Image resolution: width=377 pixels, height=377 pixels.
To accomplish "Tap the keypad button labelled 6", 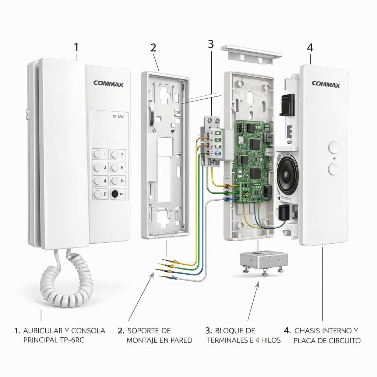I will [x=118, y=168].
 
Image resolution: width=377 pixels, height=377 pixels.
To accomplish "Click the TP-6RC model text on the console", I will [x=118, y=117].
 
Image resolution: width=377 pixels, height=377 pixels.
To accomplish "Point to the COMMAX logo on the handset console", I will [x=109, y=84].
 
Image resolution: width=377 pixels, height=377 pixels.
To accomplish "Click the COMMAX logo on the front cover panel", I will [x=326, y=84].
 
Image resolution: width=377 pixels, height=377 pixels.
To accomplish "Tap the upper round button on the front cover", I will [x=334, y=147].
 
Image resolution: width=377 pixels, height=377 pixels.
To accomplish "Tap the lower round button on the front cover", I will [x=334, y=169].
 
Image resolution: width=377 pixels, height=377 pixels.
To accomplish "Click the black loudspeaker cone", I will [x=288, y=175].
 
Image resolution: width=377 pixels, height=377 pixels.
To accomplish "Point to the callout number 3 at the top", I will [x=211, y=44].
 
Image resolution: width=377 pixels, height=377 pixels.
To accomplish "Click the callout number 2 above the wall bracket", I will [x=154, y=47].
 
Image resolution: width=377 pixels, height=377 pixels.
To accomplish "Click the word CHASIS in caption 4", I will [x=307, y=331].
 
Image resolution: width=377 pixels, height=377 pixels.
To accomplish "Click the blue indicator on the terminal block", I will [x=218, y=154].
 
